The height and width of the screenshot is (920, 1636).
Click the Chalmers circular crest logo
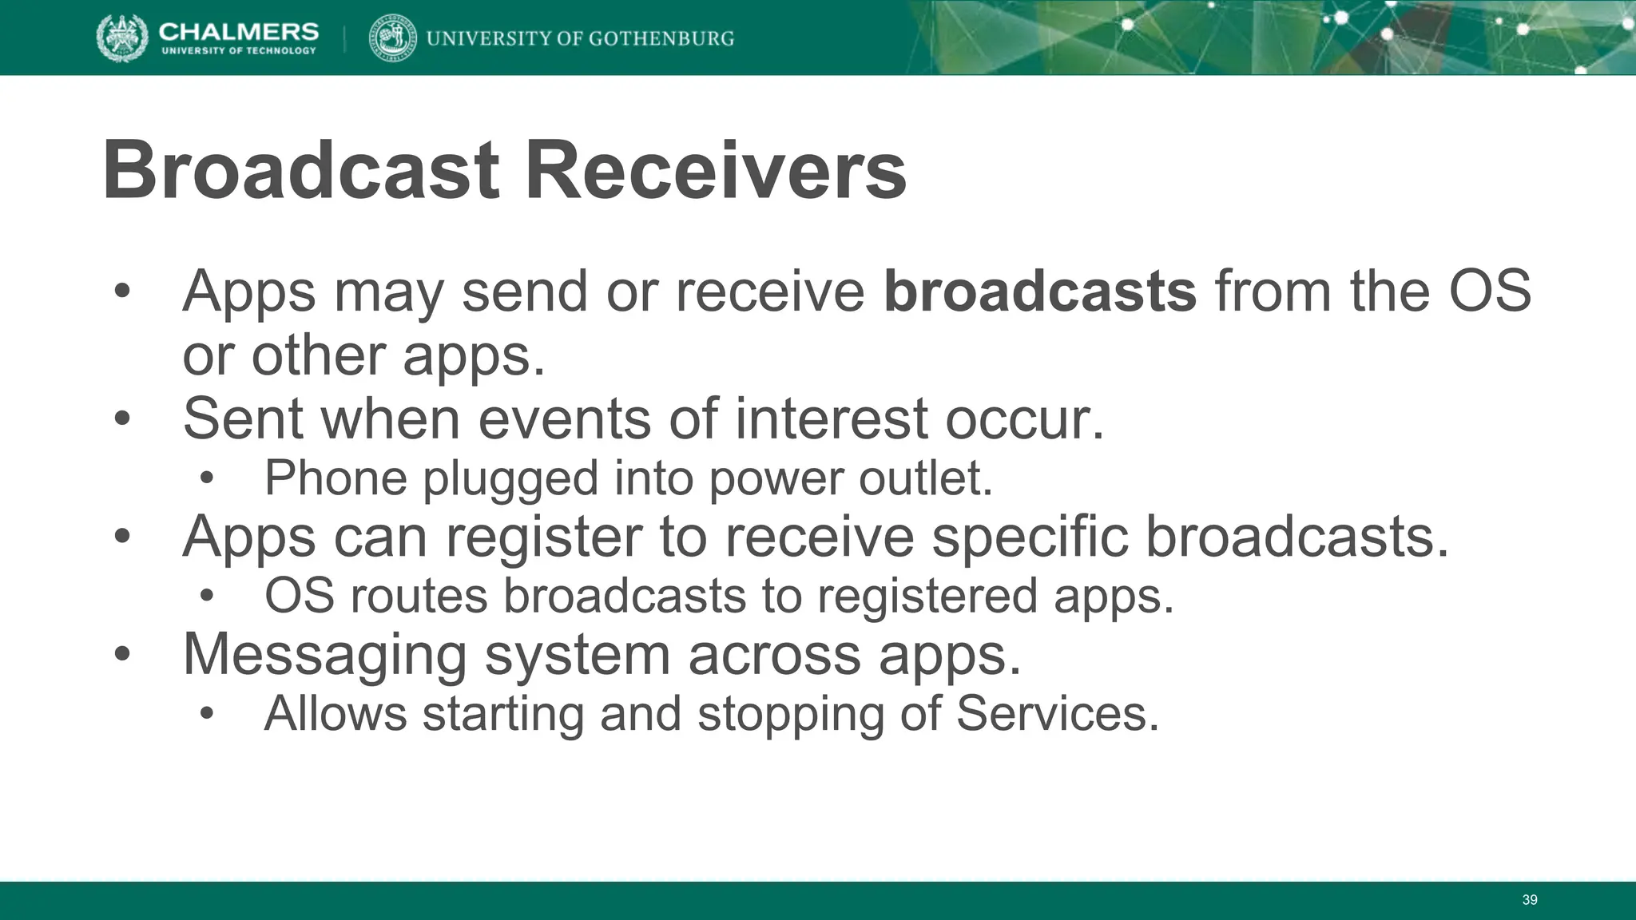(122, 38)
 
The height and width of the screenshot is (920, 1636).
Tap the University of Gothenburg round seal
(392, 38)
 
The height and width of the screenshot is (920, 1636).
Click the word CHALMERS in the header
(238, 31)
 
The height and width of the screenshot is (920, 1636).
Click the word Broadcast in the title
(301, 171)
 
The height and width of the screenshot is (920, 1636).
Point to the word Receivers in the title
(715, 171)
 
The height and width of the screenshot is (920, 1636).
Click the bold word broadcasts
(1040, 291)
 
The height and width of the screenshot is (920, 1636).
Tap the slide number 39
(1529, 900)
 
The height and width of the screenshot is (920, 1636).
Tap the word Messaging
(324, 655)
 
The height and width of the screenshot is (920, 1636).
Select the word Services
(1057, 713)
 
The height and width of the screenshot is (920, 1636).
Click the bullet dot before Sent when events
(121, 418)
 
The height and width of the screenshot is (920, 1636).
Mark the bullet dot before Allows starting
(207, 713)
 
